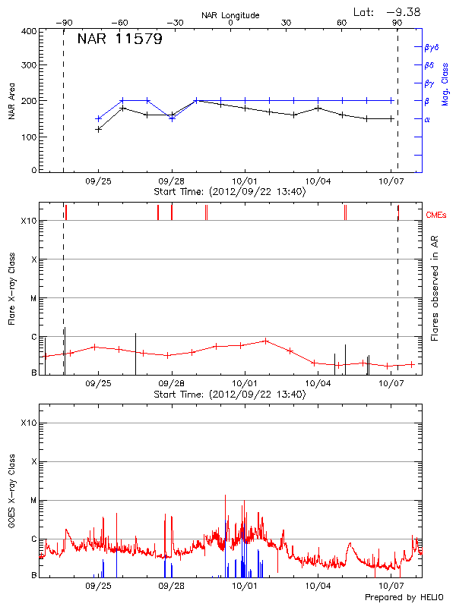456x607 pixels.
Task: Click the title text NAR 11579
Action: point(119,39)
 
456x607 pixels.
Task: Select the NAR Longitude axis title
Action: point(230,15)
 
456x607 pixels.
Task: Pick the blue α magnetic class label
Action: point(427,119)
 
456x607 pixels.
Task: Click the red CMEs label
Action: point(437,215)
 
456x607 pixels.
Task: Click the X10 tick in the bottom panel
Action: point(29,423)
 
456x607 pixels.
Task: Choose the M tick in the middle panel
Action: point(34,298)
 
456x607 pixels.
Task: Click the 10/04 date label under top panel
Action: point(318,182)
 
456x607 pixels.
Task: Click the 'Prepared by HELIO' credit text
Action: point(404,598)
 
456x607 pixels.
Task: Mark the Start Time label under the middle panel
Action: point(230,395)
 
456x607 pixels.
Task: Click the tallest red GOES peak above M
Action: point(226,497)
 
